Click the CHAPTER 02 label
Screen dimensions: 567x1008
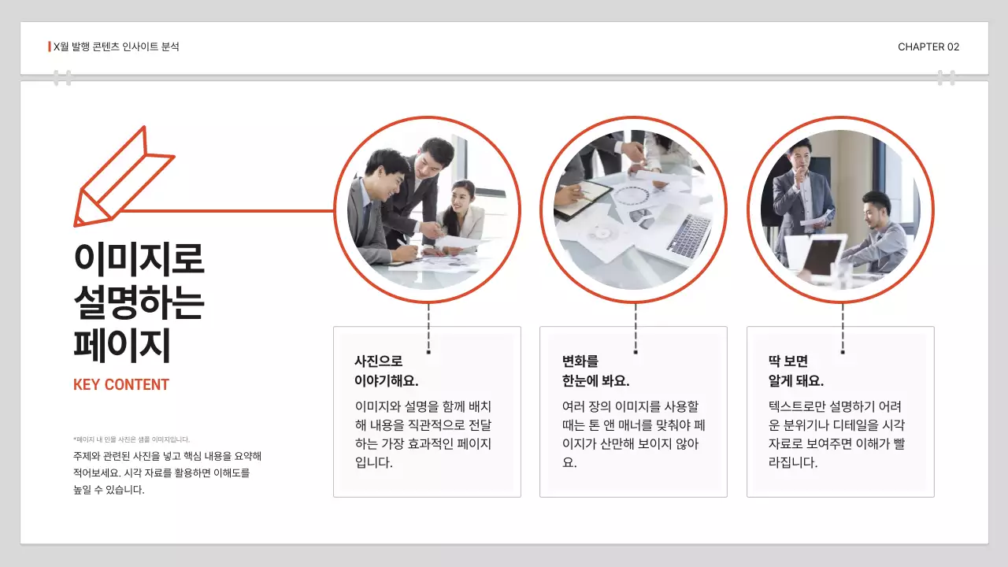click(928, 47)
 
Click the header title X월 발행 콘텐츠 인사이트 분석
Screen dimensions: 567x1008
click(116, 47)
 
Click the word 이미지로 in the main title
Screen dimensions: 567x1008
click(139, 259)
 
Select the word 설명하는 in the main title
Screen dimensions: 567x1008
click(139, 302)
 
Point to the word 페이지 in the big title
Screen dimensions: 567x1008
click(122, 346)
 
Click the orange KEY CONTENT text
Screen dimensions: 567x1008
click(121, 385)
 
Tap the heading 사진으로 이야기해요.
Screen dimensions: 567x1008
click(386, 371)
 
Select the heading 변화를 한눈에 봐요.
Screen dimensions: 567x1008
click(595, 371)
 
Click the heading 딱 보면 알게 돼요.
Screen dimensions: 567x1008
click(795, 371)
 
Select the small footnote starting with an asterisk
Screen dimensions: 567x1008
click(132, 439)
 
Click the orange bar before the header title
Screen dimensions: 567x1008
click(50, 46)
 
